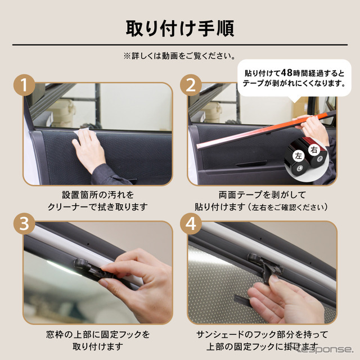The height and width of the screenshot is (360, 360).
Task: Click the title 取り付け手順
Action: click(x=179, y=26)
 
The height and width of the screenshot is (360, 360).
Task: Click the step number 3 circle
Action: click(x=24, y=224)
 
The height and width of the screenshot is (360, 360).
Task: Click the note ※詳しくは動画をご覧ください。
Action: click(x=179, y=56)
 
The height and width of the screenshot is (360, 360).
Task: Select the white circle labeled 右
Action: click(x=316, y=151)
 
